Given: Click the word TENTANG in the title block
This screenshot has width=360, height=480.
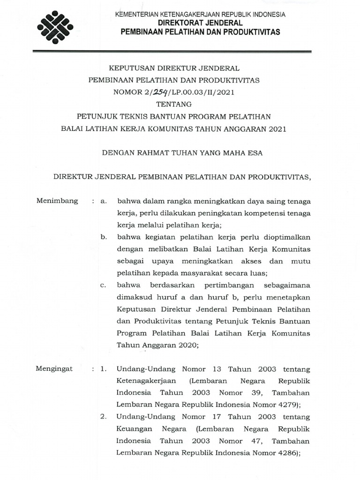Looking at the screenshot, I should [x=180, y=104].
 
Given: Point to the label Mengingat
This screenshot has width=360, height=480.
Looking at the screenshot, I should [x=55, y=368].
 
